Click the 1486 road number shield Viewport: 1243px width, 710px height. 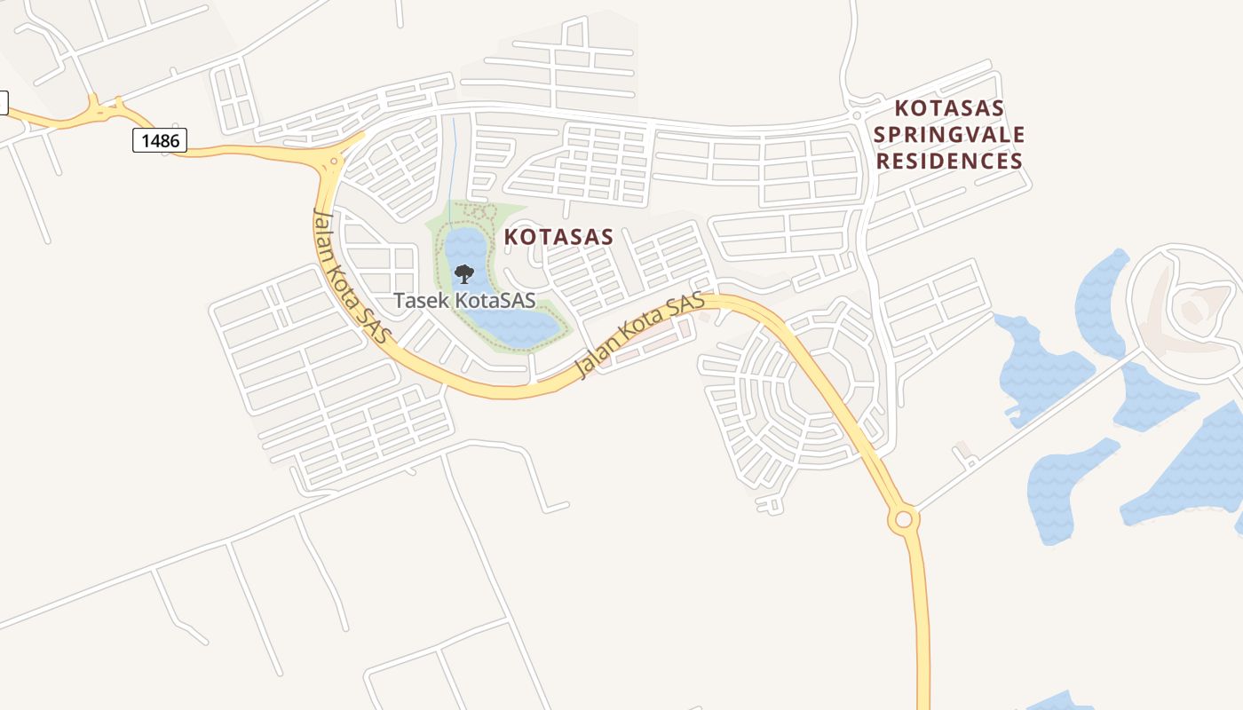pyautogui.click(x=160, y=140)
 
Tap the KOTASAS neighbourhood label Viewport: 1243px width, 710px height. pyautogui.click(x=558, y=237)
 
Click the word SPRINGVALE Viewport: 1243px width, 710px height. pyautogui.click(x=949, y=135)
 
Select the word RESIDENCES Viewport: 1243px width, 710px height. pyautogui.click(x=949, y=161)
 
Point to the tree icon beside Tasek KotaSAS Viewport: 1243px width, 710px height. pyautogui.click(x=463, y=274)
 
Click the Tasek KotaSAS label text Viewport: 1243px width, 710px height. pyautogui.click(x=464, y=300)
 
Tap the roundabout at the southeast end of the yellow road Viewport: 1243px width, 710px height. pyautogui.click(x=904, y=519)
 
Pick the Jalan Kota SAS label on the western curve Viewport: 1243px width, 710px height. pyautogui.click(x=352, y=276)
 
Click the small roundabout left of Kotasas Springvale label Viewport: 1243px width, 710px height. pyautogui.click(x=856, y=115)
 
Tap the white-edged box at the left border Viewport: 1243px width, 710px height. pyautogui.click(x=3, y=103)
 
